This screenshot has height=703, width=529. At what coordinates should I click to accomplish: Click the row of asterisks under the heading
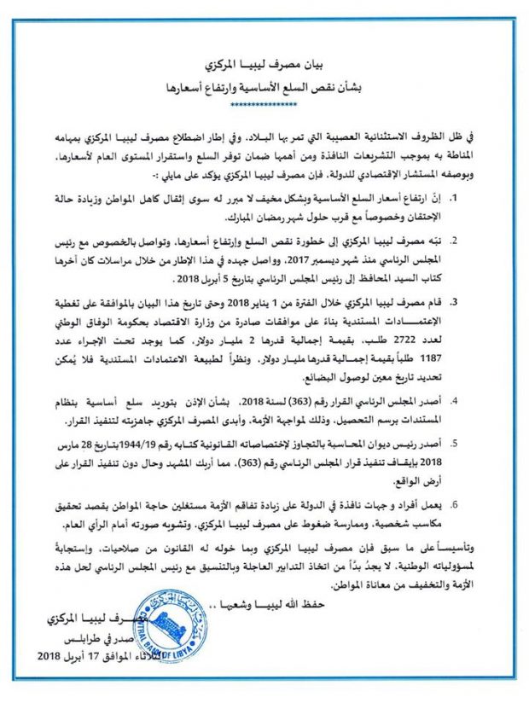click(x=264, y=104)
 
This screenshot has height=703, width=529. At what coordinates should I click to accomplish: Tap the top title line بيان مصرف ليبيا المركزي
click(x=264, y=66)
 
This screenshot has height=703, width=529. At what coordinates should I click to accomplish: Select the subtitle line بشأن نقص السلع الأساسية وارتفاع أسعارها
click(x=264, y=87)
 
